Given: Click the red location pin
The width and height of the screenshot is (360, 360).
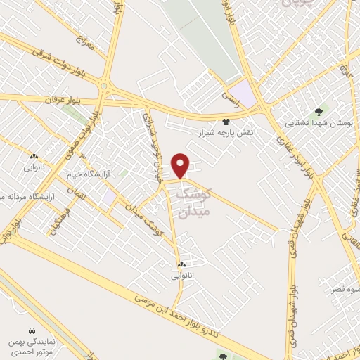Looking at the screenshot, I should pyautogui.click(x=181, y=165).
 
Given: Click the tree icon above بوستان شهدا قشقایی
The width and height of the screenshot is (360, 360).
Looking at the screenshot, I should pyautogui.click(x=320, y=111).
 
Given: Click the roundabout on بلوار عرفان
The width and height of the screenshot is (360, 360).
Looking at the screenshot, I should pyautogui.click(x=105, y=87).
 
